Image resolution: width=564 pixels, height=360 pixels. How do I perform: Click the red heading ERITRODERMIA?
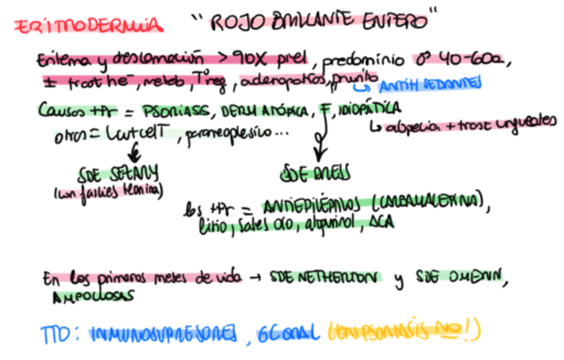(88, 25)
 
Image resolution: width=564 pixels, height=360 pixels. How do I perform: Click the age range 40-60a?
(475, 61)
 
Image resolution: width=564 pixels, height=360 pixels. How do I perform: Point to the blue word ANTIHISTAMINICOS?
(427, 86)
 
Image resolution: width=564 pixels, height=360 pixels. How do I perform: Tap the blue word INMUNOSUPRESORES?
(163, 332)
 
